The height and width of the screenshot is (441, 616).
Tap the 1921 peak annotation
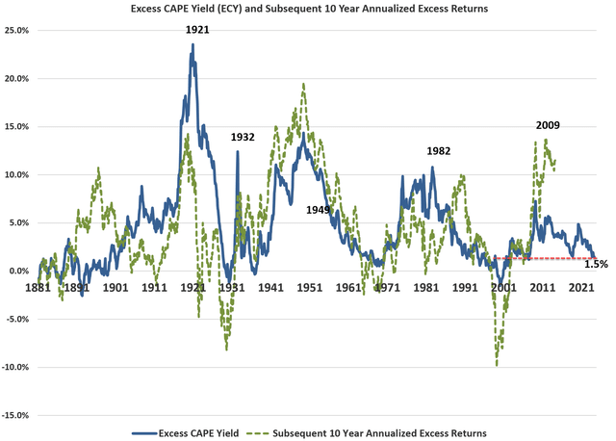(x=197, y=30)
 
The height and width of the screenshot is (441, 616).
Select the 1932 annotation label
(x=243, y=137)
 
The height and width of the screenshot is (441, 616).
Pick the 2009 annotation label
(x=549, y=125)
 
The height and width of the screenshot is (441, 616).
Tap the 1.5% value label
(x=596, y=264)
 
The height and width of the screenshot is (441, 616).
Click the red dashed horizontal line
(x=539, y=258)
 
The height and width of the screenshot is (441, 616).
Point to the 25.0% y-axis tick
(x=17, y=30)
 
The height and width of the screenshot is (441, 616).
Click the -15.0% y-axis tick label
(x=16, y=415)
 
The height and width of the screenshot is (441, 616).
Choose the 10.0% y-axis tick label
(x=17, y=174)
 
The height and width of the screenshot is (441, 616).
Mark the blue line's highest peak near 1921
(x=192, y=44)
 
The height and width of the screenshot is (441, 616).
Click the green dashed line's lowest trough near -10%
(x=498, y=365)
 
